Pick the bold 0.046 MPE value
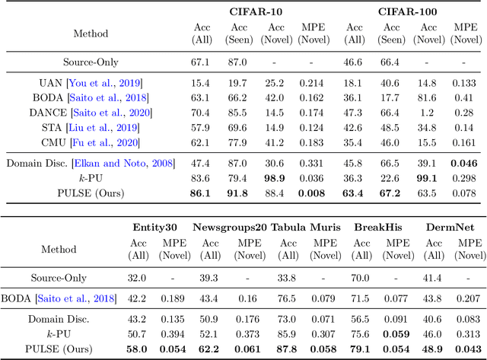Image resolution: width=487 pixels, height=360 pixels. pyautogui.click(x=466, y=162)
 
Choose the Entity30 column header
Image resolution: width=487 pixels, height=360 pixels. pyautogui.click(x=154, y=227)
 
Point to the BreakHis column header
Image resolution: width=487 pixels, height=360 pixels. pyautogui.click(x=374, y=227)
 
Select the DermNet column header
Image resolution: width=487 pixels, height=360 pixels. pyautogui.click(x=448, y=227)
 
